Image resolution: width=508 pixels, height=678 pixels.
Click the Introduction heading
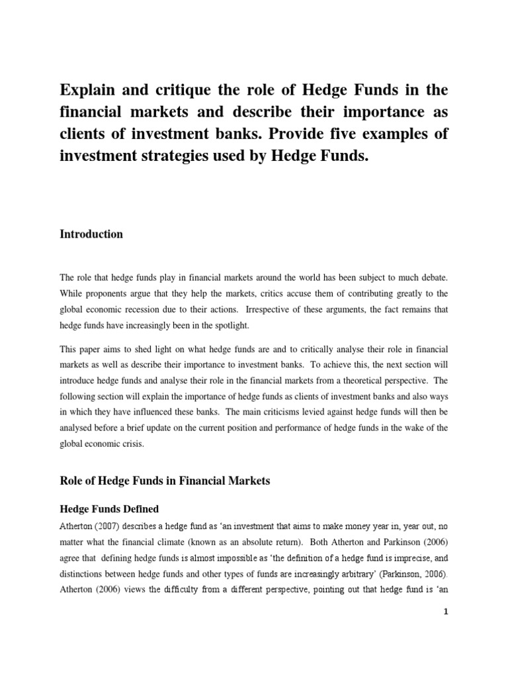[x=91, y=234]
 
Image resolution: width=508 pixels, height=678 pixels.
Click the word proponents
[x=108, y=291]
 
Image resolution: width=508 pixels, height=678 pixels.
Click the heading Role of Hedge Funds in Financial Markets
[x=165, y=481]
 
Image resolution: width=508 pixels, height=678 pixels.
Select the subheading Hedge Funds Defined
[x=109, y=509]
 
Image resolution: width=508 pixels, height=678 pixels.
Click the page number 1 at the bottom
[x=446, y=612]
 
